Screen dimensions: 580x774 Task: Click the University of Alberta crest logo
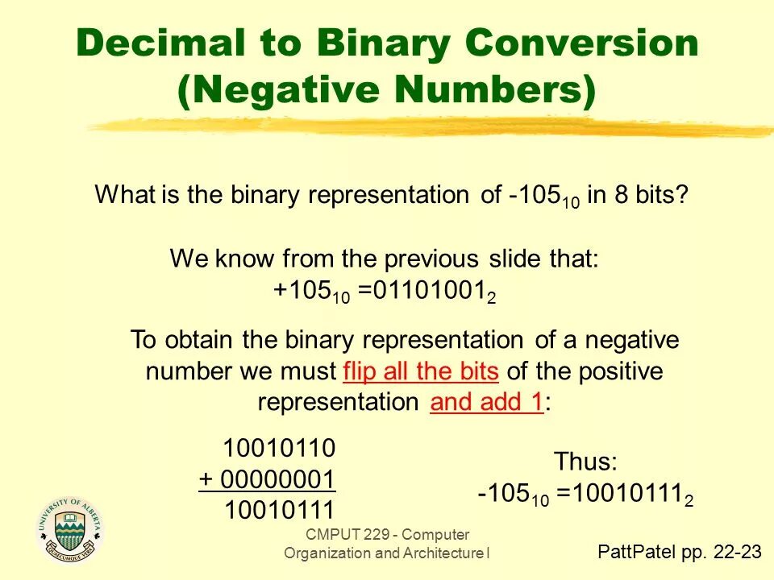[x=71, y=528]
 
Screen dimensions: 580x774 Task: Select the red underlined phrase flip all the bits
[x=422, y=372]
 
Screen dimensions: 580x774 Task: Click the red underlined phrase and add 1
[x=486, y=403]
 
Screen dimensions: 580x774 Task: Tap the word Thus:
[x=585, y=462]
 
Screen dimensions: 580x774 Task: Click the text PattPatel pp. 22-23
[x=679, y=551]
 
